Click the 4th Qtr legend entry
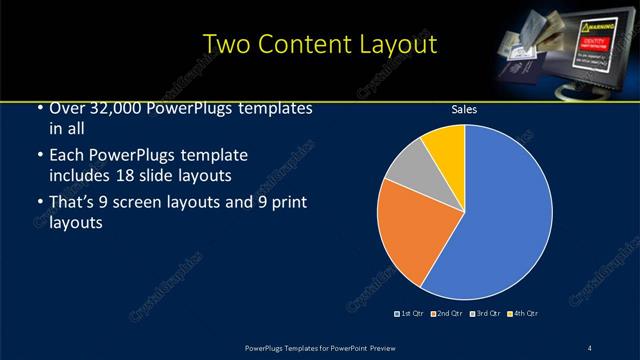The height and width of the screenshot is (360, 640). click(522, 314)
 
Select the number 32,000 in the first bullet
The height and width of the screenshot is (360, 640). click(116, 109)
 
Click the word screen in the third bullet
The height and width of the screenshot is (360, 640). click(147, 203)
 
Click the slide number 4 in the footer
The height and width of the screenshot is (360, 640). click(590, 347)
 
